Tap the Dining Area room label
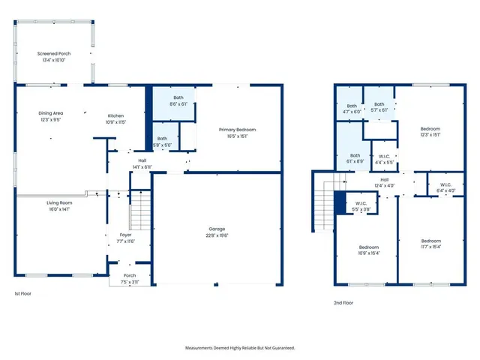click(51, 116)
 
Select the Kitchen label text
click(115, 118)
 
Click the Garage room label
click(217, 232)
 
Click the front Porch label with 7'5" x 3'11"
click(130, 278)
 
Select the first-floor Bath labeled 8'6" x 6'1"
click(178, 101)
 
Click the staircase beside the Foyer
click(140, 210)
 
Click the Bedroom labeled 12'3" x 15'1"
click(430, 132)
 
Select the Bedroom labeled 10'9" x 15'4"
click(368, 250)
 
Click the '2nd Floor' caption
click(343, 303)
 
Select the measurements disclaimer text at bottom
click(240, 348)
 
